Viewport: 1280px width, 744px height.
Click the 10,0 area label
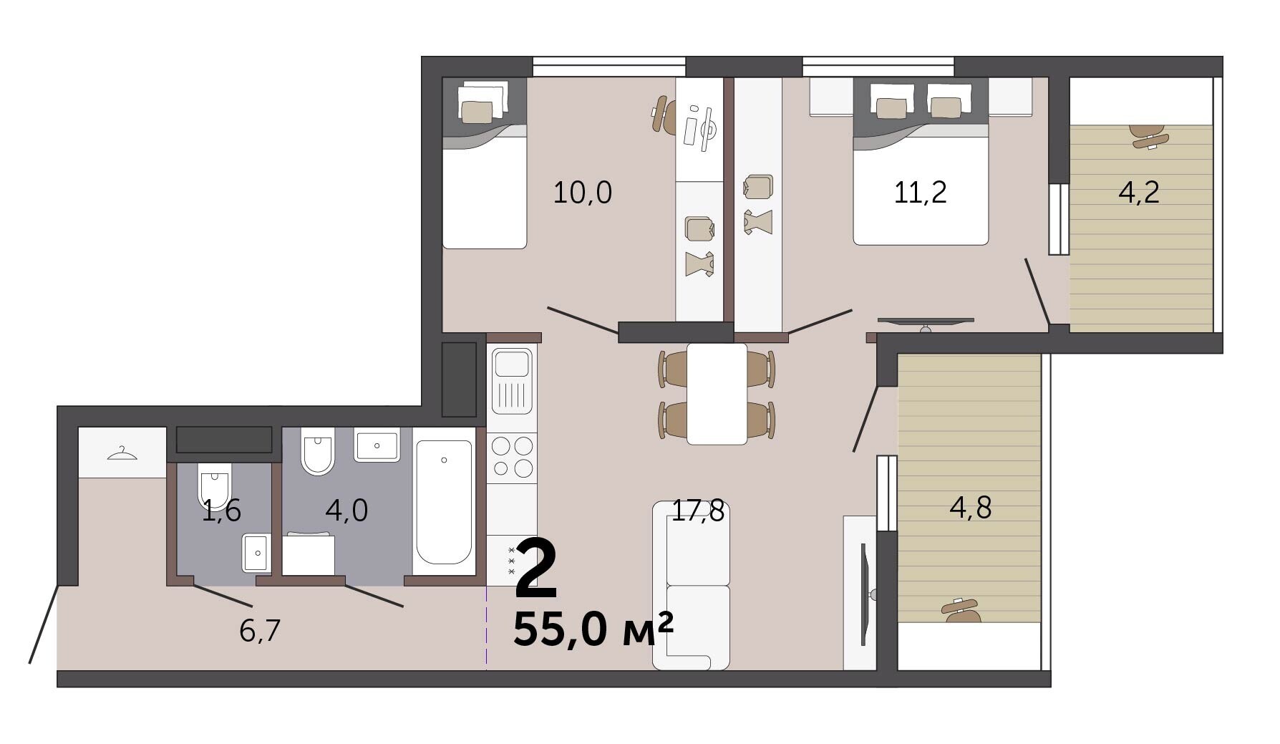coord(583,193)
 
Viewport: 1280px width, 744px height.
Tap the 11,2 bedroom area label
coord(921,193)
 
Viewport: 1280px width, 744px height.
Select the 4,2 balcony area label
coord(1139,193)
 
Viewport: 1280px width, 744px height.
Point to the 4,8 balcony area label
coord(971,508)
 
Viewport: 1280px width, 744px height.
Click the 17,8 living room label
coord(698,511)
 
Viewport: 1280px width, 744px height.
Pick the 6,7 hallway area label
coord(260,631)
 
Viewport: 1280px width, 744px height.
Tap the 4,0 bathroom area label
coord(346,511)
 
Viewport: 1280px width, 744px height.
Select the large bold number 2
coord(536,569)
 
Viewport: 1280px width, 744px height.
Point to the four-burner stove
coord(512,457)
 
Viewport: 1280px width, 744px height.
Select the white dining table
coord(717,394)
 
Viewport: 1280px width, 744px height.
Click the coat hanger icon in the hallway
coord(122,453)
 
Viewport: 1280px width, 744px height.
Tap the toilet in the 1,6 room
coord(214,485)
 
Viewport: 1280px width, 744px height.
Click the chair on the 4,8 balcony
coord(961,610)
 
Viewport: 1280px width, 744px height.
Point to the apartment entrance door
coord(44,624)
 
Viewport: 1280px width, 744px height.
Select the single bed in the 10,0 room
coord(485,163)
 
